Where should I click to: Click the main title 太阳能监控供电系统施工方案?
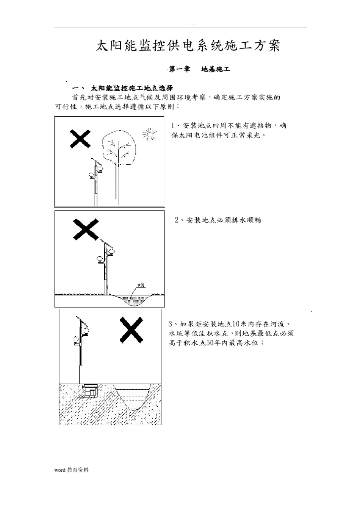coord(188,46)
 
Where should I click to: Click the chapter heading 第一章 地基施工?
coord(199,69)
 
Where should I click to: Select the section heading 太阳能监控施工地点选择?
coord(131,88)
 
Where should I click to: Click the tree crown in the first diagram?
coord(119,147)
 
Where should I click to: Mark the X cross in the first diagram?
coord(80,139)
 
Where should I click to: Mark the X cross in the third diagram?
coord(131,329)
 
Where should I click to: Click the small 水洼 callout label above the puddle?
coord(141,285)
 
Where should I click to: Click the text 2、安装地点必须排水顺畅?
coord(218,220)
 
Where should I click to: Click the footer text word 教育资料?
coord(71,470)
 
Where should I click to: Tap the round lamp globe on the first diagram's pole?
coord(91,175)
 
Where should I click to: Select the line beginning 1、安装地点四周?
coord(229,126)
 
